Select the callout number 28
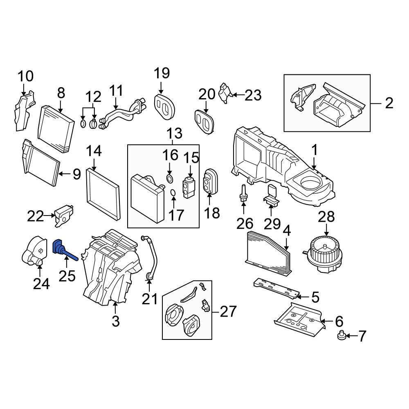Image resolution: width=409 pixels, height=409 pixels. click(x=328, y=217)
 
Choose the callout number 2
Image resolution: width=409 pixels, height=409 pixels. click(x=389, y=103)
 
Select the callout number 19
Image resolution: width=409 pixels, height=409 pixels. click(x=161, y=74)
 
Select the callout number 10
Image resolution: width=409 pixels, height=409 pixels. click(x=25, y=76)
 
